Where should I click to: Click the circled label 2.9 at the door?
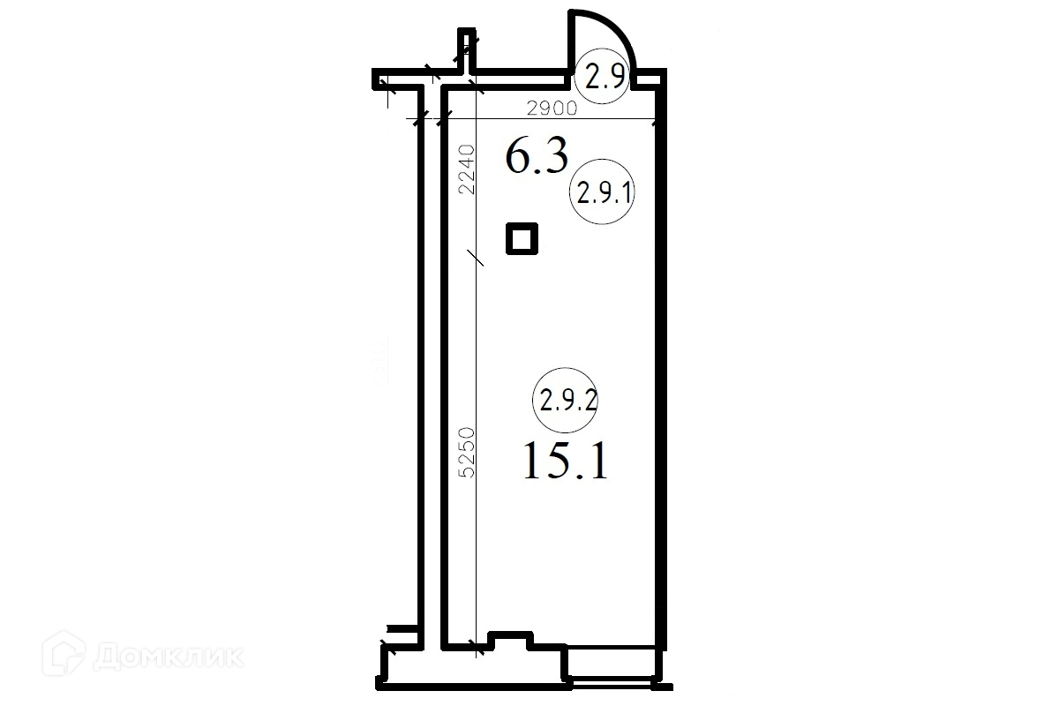(x=602, y=76)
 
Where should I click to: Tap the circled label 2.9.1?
(x=602, y=192)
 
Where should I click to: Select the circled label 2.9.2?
(x=566, y=400)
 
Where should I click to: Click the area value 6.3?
(x=537, y=156)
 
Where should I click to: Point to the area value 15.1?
(x=565, y=460)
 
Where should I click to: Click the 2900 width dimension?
(x=552, y=109)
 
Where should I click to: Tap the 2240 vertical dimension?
(x=466, y=169)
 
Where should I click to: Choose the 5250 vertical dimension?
(x=466, y=452)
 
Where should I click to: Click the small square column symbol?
(x=522, y=239)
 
